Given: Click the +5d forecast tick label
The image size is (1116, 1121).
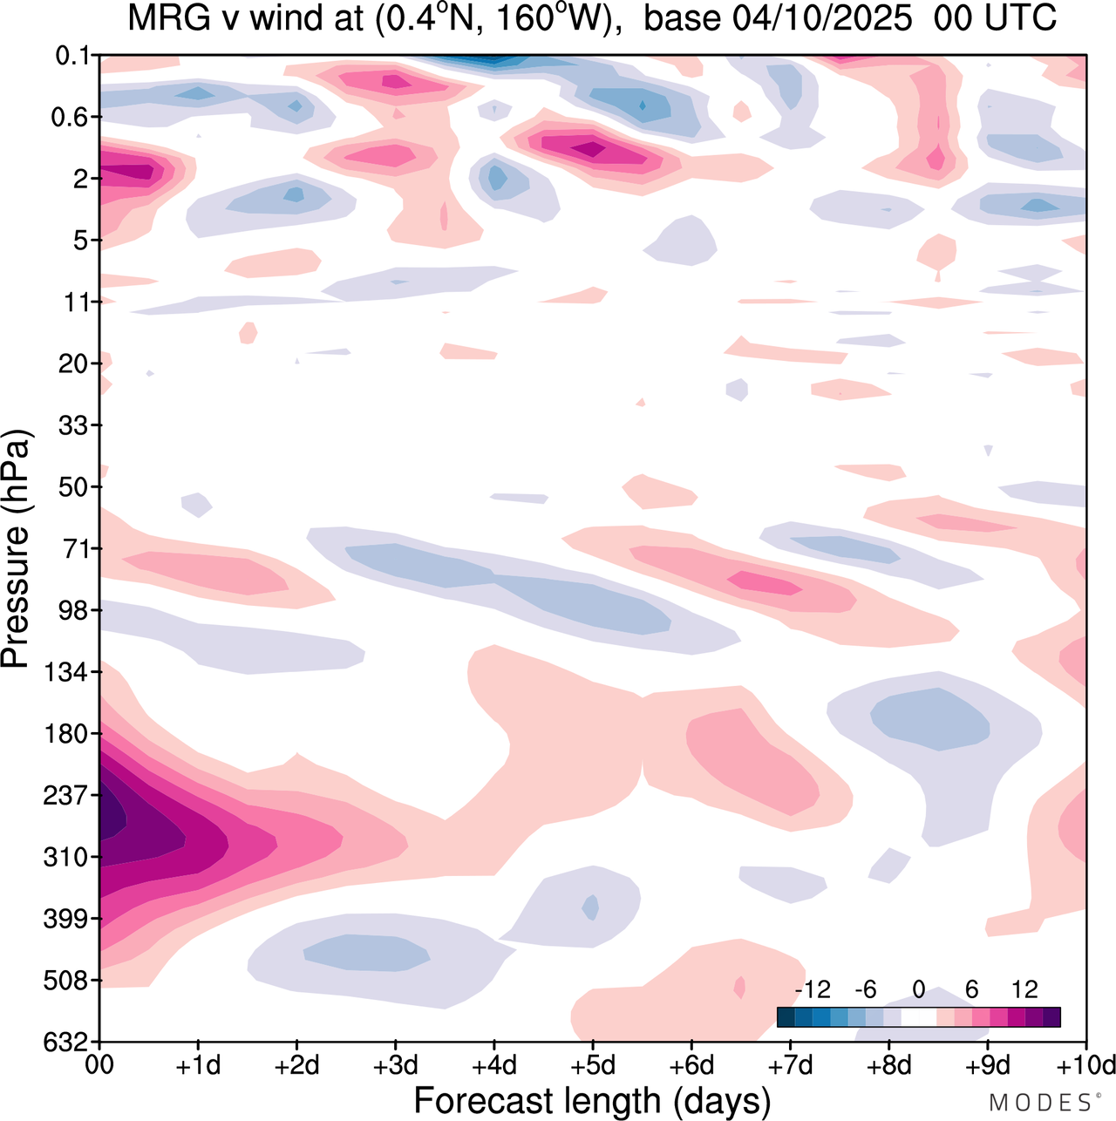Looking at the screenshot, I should pos(593,1065).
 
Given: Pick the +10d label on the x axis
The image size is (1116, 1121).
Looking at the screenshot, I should pos(1086,1065).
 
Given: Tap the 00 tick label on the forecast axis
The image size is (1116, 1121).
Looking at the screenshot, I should pos(100,1065).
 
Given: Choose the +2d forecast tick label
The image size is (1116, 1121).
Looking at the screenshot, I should pos(297,1065).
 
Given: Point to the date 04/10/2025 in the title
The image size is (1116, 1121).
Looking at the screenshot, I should pos(820,19).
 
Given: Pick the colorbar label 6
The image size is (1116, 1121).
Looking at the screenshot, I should pos(971,989).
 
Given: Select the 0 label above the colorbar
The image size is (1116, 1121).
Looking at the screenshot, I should pos(919,989).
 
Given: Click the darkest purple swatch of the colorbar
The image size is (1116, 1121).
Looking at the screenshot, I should pos(1051,1017).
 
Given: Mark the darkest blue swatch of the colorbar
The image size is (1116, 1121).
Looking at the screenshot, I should pos(786,1017).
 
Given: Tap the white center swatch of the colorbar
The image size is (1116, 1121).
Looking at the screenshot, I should pos(919,1017).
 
